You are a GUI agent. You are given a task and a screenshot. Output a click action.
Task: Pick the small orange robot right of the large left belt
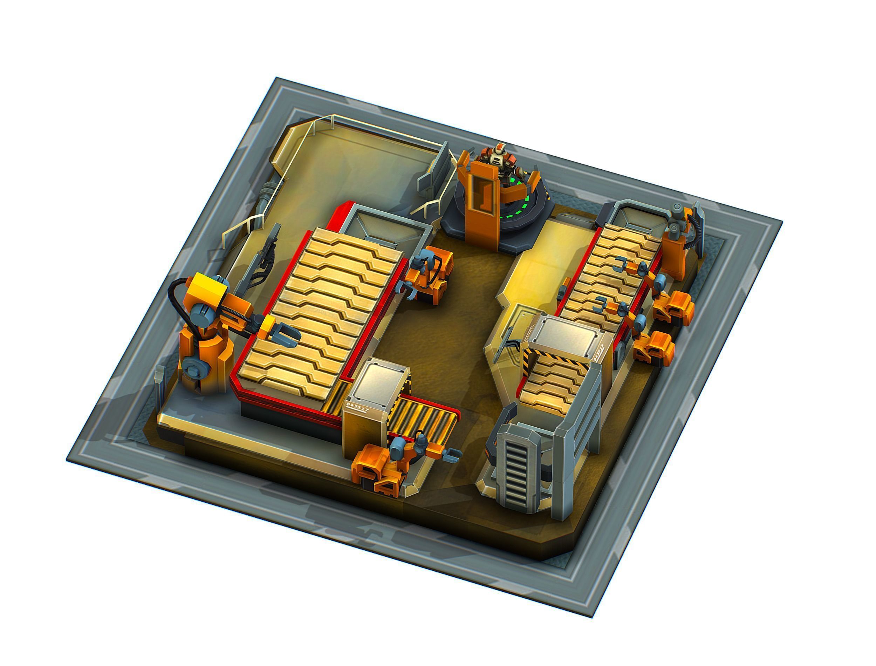(430, 273)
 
